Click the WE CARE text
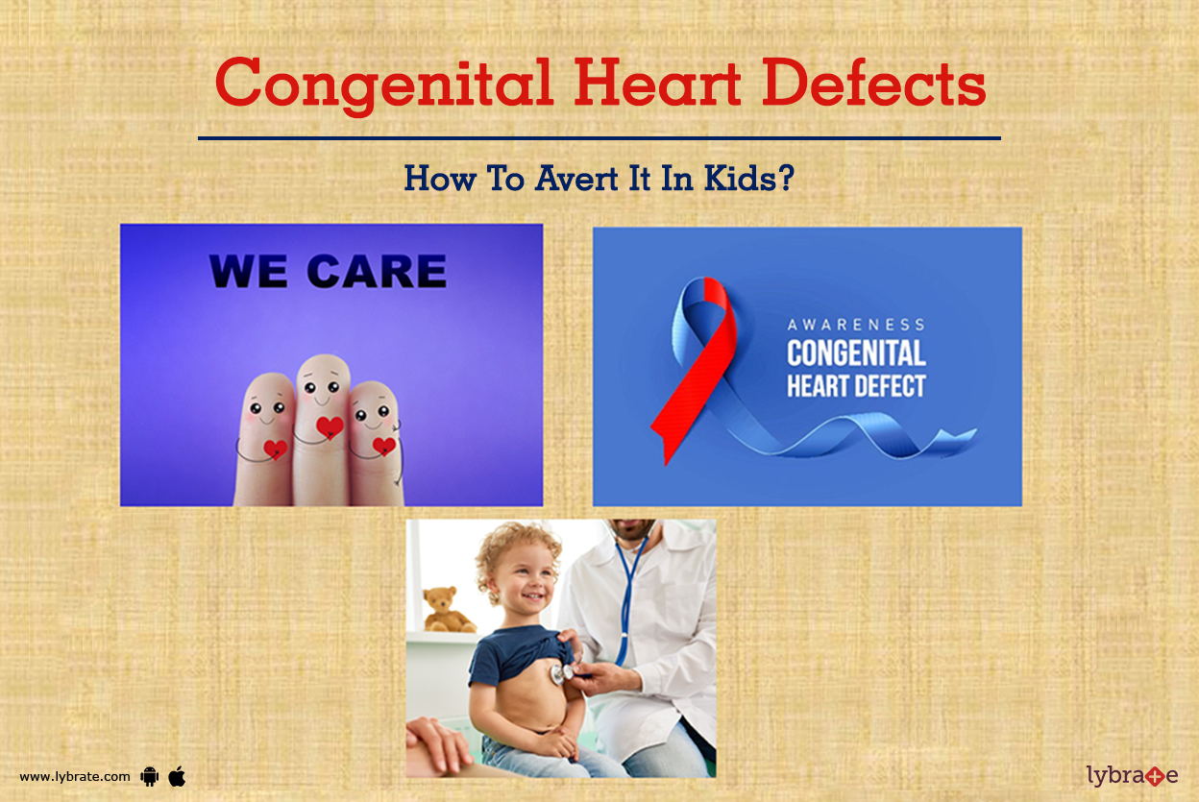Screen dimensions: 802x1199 328,272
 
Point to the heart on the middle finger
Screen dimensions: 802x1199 330,427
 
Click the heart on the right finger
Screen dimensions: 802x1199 383,446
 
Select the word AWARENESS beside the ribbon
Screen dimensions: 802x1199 855,325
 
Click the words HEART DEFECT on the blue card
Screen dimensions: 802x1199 855,386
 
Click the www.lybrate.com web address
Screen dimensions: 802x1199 75,776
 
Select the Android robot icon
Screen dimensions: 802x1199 149,776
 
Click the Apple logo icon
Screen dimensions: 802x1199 177,775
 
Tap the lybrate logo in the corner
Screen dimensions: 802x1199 1131,774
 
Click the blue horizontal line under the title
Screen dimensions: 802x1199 599,138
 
